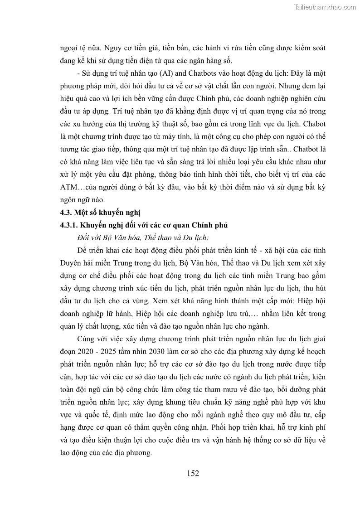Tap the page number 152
pos(193,473)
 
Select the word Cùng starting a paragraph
pos(88,339)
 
